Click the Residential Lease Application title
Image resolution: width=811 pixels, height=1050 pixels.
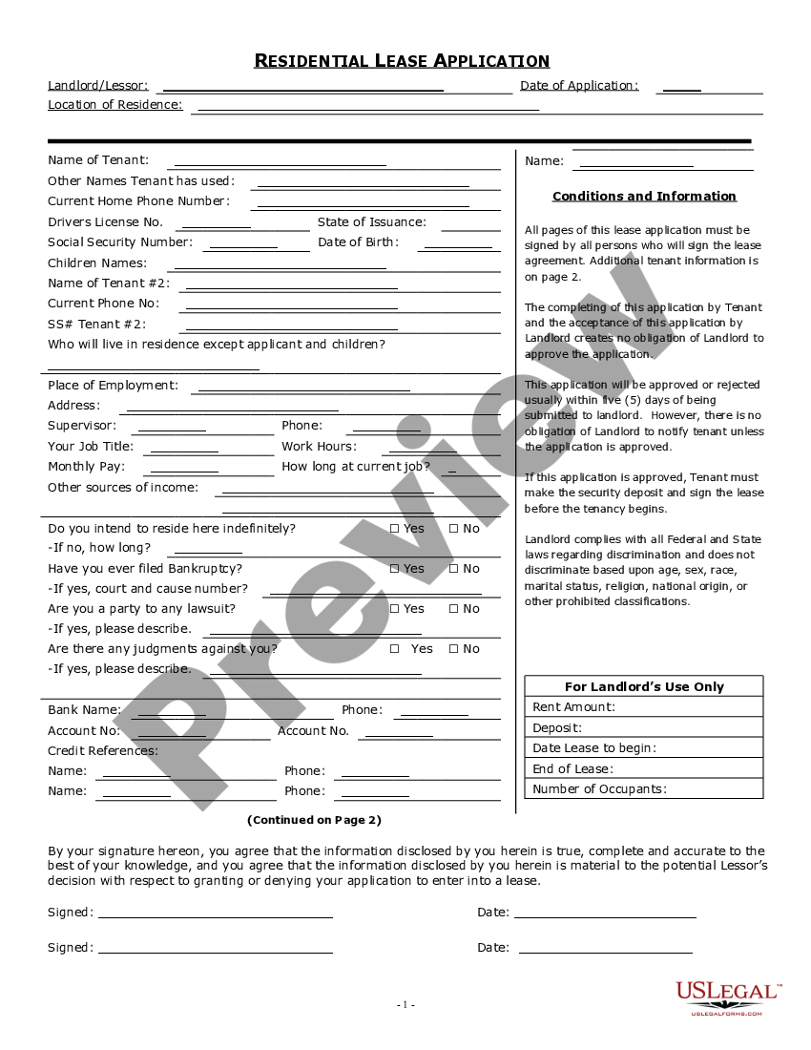(402, 61)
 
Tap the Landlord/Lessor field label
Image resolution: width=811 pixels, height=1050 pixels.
(98, 86)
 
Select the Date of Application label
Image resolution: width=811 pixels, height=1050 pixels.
(579, 86)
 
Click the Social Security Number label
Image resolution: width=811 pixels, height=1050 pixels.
(120, 242)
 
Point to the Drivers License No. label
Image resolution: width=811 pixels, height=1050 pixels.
(106, 222)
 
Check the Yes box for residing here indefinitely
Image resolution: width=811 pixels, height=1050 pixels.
(395, 529)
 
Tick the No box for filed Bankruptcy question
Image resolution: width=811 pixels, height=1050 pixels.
(453, 569)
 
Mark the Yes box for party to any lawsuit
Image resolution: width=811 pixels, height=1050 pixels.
(395, 609)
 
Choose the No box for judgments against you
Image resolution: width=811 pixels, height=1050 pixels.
(453, 649)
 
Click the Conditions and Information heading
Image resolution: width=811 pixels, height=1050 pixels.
(644, 197)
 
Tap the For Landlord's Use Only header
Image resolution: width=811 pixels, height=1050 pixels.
(644, 687)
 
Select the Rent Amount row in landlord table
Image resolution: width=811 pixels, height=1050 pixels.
(644, 707)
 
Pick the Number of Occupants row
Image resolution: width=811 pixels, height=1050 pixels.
(644, 789)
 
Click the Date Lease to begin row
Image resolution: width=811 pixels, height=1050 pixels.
(644, 748)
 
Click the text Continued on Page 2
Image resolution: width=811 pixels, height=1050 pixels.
(314, 820)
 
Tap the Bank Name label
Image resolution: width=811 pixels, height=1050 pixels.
(85, 710)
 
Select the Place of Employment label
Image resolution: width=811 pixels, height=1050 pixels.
(113, 386)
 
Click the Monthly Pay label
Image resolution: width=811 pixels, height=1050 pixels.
(86, 467)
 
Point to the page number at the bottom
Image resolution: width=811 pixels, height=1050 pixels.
(405, 1004)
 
